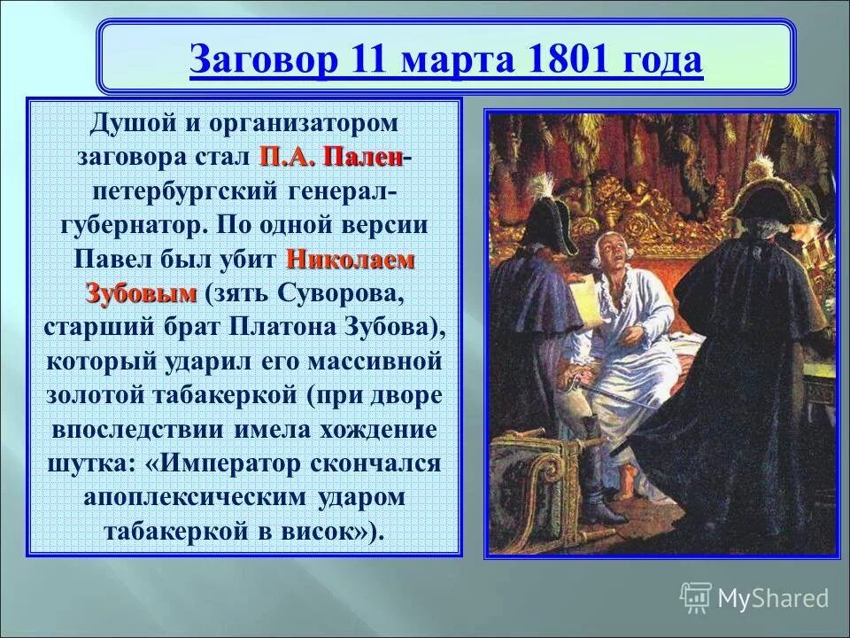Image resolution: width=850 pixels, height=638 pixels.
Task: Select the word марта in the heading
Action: coord(456,61)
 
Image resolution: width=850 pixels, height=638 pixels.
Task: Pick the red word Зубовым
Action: coord(140,292)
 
